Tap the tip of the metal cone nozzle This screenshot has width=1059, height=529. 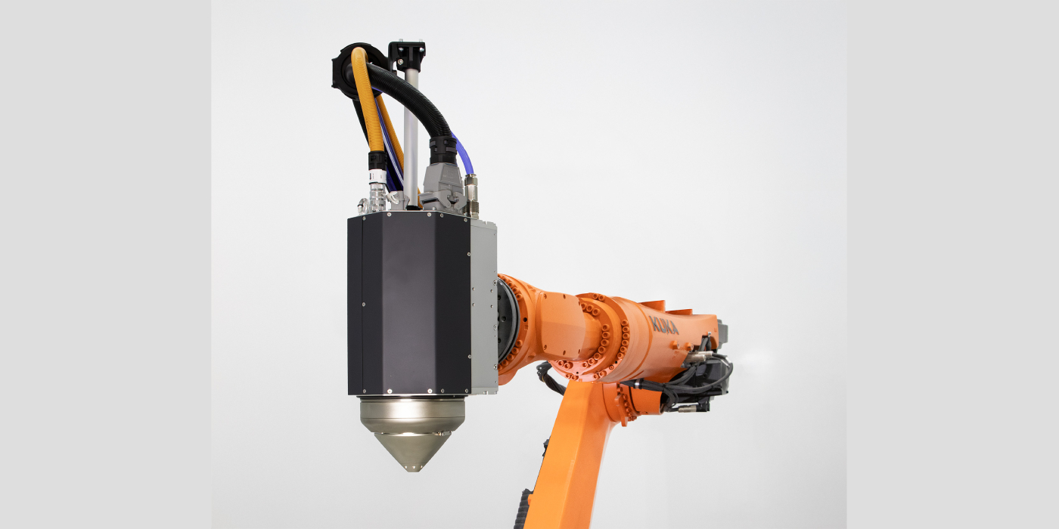click(x=412, y=468)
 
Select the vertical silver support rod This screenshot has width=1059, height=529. click(x=411, y=128)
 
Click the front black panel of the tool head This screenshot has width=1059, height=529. click(x=408, y=302)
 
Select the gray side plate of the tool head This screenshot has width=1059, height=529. click(x=483, y=306)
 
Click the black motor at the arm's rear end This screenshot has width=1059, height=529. click(x=711, y=374)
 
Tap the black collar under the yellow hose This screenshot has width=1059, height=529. click(x=376, y=162)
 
